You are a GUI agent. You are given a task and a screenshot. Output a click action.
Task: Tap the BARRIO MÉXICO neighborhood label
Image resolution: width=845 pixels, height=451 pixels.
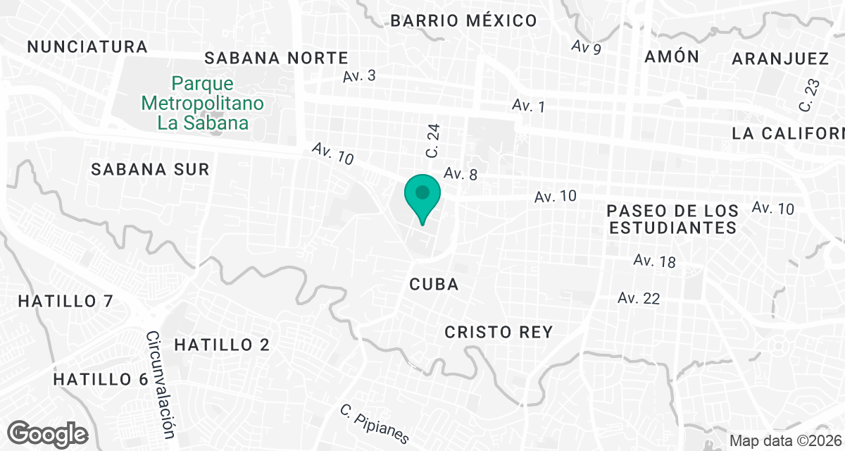tap(463, 20)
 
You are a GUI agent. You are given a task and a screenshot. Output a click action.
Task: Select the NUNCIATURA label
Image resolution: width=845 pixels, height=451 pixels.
tap(87, 47)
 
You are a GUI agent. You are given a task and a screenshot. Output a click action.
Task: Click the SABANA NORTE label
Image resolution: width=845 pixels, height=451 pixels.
tap(276, 58)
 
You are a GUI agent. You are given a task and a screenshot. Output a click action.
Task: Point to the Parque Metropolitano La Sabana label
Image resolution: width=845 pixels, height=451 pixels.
tap(203, 104)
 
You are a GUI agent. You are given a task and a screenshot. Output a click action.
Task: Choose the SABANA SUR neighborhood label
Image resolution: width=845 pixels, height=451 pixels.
tap(151, 169)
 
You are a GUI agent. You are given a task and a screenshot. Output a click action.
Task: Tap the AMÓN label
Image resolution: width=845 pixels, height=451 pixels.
tap(672, 57)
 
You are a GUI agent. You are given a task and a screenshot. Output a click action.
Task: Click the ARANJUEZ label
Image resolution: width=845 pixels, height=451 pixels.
tap(780, 58)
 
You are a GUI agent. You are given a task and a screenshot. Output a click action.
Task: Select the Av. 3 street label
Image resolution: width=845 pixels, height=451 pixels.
tap(360, 75)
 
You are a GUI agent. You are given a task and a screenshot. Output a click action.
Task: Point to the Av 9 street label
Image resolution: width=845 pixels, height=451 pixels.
tap(587, 48)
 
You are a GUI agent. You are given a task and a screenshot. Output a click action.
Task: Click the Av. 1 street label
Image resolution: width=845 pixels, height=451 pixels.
tap(529, 106)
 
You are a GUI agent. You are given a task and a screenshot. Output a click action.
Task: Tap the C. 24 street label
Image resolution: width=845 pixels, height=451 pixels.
tap(433, 141)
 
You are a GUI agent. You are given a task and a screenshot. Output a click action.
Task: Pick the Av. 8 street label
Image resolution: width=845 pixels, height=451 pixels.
tap(461, 174)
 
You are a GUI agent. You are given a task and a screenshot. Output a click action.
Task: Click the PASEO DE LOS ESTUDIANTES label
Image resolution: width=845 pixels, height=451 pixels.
tap(673, 219)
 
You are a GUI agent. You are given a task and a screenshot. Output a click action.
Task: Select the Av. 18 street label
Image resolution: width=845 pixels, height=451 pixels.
tap(654, 261)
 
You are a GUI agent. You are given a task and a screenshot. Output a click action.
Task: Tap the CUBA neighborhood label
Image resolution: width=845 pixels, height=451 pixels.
tap(434, 285)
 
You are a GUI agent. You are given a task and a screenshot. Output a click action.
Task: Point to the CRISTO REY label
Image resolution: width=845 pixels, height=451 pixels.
tap(499, 332)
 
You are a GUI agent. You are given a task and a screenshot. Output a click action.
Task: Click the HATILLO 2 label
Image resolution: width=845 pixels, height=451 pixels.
tap(222, 345)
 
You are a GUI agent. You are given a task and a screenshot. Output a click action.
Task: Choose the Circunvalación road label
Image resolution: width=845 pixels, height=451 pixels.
tap(161, 385)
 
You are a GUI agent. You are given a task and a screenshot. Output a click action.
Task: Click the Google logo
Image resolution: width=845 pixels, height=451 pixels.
tap(48, 433)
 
